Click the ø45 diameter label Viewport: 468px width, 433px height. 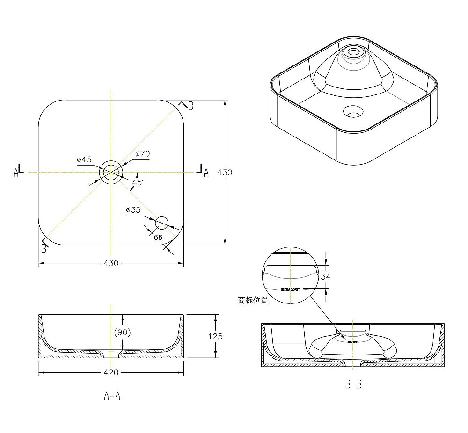[84, 159]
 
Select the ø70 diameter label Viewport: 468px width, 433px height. [142, 153]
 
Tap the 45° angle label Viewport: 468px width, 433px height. [138, 182]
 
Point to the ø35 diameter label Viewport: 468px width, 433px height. [133, 210]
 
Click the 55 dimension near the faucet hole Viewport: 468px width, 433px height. [158, 237]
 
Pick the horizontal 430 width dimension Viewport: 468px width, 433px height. [110, 263]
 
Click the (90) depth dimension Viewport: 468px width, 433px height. [122, 332]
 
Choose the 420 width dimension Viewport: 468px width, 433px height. [110, 373]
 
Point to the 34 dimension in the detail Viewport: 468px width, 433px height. [326, 277]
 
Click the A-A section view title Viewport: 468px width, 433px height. [112, 396]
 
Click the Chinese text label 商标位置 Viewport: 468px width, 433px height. [253, 300]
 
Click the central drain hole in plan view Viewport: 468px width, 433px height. [111, 172]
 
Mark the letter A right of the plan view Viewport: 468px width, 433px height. [205, 173]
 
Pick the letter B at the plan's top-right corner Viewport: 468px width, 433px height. [190, 106]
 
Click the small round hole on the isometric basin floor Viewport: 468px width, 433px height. [353, 111]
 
